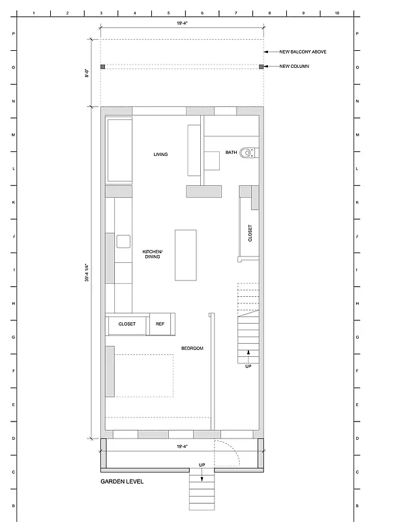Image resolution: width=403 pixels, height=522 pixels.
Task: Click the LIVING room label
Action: tap(160, 155)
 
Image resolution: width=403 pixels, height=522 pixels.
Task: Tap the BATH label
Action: tap(231, 153)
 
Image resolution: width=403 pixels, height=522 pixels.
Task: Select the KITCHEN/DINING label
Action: tap(153, 254)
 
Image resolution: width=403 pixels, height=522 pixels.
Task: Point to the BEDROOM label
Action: tap(192, 348)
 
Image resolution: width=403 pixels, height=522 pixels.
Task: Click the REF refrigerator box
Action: tap(160, 324)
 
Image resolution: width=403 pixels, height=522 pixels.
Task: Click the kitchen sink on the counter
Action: tap(123, 241)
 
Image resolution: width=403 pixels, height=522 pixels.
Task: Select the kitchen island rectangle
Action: tap(186, 254)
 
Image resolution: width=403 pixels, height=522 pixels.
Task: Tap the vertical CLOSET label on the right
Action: tap(250, 234)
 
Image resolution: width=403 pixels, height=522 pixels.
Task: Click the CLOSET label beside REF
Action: tap(127, 324)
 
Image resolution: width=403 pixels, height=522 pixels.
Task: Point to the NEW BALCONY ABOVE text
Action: tap(303, 51)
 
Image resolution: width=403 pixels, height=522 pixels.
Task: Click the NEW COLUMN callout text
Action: tap(294, 67)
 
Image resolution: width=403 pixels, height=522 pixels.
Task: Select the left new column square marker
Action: tap(102, 67)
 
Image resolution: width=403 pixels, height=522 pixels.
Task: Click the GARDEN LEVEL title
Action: tap(122, 482)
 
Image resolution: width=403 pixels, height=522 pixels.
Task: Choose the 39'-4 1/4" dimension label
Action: tap(86, 272)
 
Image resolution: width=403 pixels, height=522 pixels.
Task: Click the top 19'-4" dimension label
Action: tap(182, 23)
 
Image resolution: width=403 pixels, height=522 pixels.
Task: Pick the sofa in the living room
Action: tap(120, 150)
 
